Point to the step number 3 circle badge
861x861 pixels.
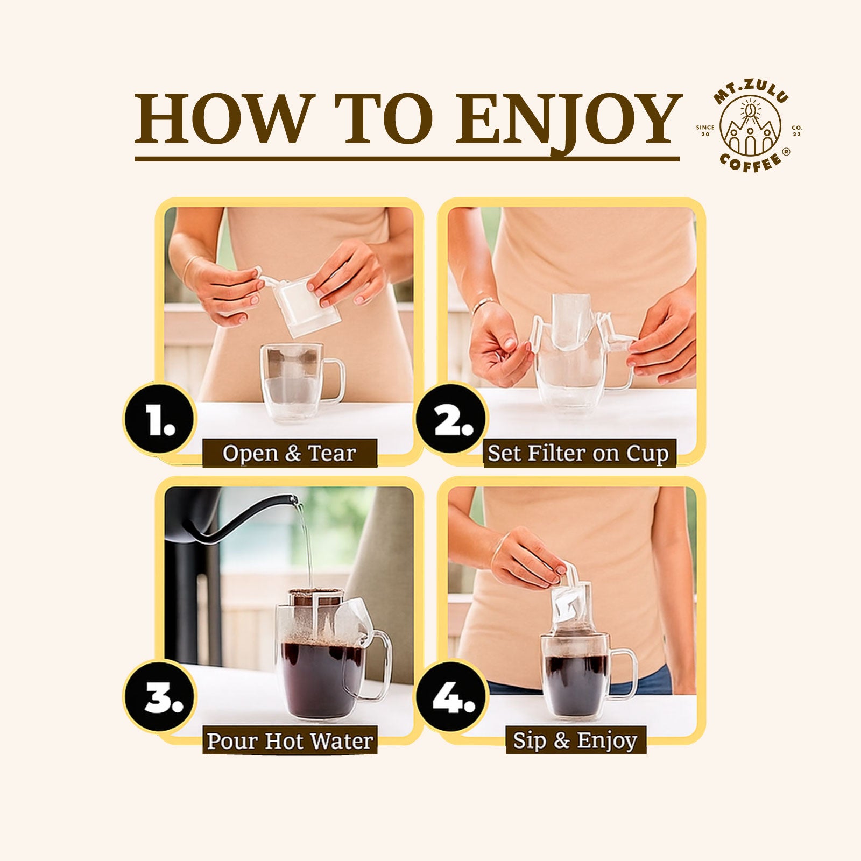pyautogui.click(x=160, y=698)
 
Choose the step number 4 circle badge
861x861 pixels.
pyautogui.click(x=452, y=698)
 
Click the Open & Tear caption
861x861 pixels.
pyautogui.click(x=290, y=453)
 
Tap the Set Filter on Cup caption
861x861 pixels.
pyautogui.click(x=578, y=453)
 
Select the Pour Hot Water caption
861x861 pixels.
pyautogui.click(x=290, y=740)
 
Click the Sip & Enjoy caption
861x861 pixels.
pyautogui.click(x=575, y=740)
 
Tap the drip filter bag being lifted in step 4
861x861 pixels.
pyautogui.click(x=571, y=603)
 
